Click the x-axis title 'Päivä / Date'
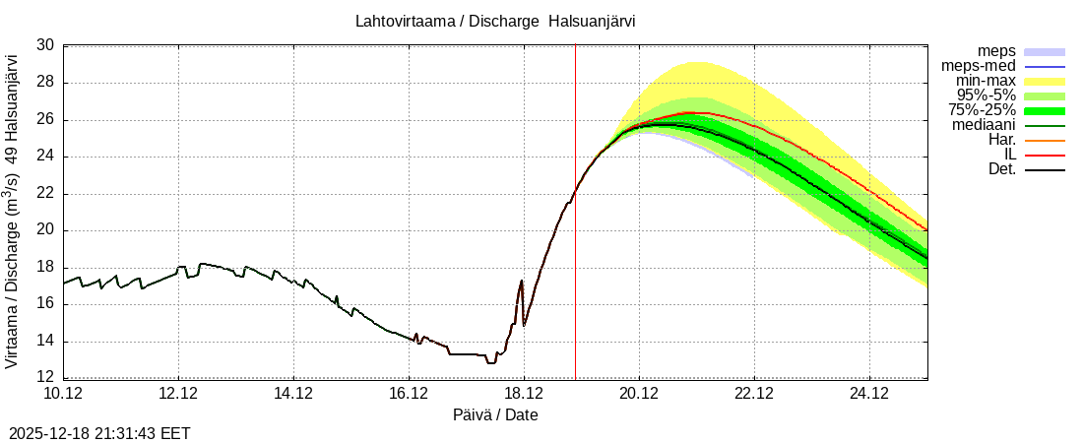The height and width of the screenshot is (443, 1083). [x=495, y=414]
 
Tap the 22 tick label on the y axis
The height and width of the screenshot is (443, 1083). [x=45, y=194]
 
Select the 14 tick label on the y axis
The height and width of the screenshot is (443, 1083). [x=45, y=342]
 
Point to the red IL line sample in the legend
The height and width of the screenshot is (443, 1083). [x=1045, y=155]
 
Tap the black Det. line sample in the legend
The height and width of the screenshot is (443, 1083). [x=1045, y=169]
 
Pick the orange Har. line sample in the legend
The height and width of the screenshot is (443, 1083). [x=1045, y=140]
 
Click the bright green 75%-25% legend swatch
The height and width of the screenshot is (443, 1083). [x=1045, y=110]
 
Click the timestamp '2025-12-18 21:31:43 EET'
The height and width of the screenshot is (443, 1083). [x=99, y=433]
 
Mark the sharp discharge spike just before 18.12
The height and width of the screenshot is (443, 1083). [x=521, y=282]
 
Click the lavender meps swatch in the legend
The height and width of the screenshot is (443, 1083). [x=1045, y=51]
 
